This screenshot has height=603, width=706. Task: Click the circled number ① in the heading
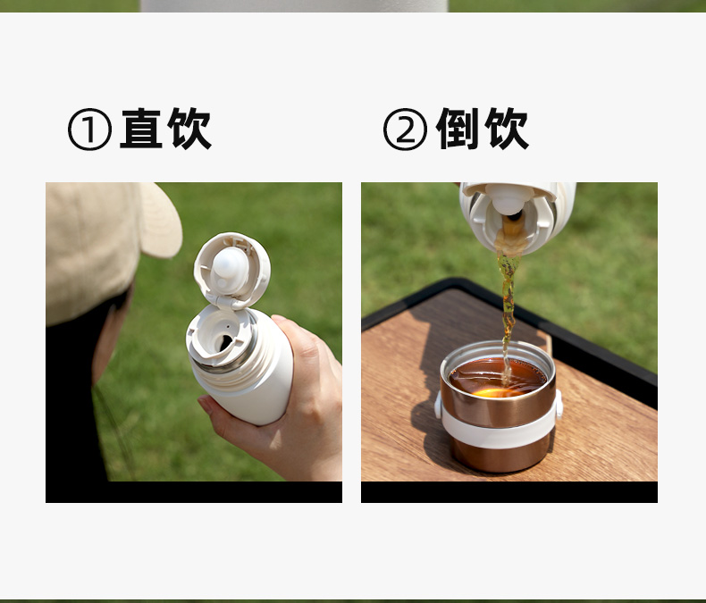89,130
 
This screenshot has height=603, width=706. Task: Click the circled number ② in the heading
405,130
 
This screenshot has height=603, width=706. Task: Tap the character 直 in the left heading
141,129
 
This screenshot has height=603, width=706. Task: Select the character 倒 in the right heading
458,129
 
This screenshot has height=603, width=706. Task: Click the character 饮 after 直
189,129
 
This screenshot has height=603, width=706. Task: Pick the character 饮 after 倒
506,129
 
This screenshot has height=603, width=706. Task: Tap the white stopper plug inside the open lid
230,266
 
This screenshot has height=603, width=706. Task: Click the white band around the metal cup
499,432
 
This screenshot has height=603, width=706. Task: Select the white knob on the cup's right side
559,404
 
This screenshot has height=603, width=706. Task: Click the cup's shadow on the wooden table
428,432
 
